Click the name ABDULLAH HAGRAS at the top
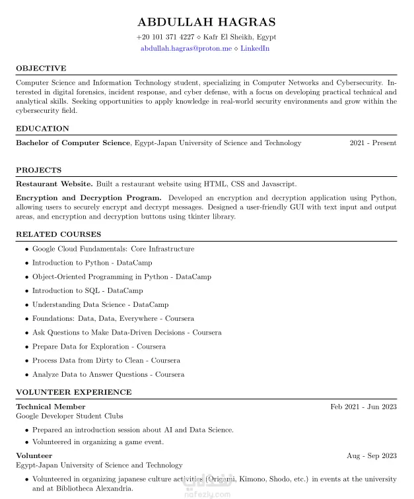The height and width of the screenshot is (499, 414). point(206,22)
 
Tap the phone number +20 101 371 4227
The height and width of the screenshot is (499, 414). point(165,38)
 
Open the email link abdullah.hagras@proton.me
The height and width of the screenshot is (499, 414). point(186,49)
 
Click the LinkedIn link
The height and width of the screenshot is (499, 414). point(255,49)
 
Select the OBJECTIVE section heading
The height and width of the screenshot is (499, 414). point(41,69)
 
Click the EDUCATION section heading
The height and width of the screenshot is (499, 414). point(42,129)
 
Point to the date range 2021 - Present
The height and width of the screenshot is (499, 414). point(373,143)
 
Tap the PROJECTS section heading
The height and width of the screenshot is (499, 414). point(38,170)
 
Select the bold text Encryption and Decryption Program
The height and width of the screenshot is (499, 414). point(88,198)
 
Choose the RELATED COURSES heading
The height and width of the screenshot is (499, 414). point(58,234)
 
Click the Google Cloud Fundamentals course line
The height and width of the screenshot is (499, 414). point(113,249)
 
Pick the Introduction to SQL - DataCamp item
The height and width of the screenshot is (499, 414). point(87,291)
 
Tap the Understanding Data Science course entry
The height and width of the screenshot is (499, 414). point(100,305)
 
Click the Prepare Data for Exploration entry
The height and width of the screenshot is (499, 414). point(98,347)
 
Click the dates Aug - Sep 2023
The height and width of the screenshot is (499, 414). point(372,456)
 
